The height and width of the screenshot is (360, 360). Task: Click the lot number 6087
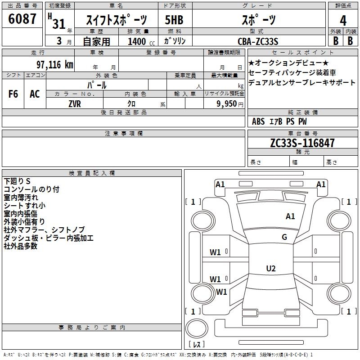coord(22,19)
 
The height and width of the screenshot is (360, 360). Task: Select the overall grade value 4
coord(343,20)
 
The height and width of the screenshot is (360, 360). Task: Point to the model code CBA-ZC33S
coord(258,41)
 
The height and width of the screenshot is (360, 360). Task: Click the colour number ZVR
coord(75,103)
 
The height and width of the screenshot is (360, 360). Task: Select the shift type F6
coord(13,94)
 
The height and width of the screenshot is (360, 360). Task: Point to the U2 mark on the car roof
coord(270,269)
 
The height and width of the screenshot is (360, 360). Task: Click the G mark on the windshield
coord(284,237)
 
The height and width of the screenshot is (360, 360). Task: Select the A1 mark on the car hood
coord(290,216)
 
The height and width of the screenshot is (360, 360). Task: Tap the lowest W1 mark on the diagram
coord(221,292)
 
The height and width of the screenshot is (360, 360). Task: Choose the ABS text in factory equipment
coord(258,121)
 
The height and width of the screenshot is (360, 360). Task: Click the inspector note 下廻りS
coord(17,181)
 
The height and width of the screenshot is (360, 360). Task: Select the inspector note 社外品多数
coord(20,246)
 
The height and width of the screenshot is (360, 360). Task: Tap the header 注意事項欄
coord(123,134)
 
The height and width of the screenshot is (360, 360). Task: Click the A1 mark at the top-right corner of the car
coord(321,184)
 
